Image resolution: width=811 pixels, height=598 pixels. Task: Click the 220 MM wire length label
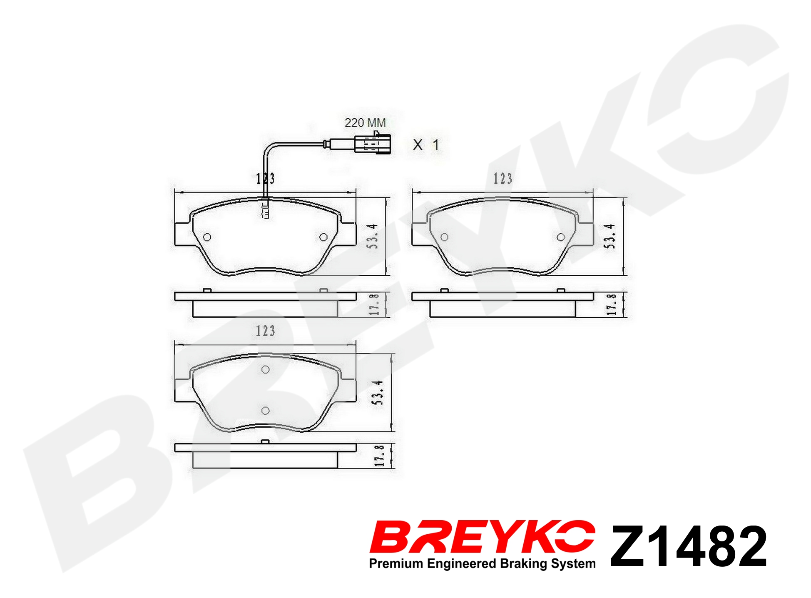[x=365, y=123]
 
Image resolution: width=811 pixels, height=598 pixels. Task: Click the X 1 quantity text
[x=426, y=145]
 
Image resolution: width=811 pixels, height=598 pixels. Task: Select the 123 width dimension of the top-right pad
[x=503, y=179]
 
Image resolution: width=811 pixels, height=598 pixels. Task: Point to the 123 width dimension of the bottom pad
[x=265, y=331]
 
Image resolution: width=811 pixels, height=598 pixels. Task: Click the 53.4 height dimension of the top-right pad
[x=610, y=236]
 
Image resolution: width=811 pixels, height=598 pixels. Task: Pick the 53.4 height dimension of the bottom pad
[x=377, y=392]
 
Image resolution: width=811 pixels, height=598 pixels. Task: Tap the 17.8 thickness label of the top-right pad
[x=612, y=304]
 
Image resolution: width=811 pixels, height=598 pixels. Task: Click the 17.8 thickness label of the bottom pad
[x=379, y=456]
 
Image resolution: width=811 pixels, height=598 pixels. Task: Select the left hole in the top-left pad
[x=207, y=237]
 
